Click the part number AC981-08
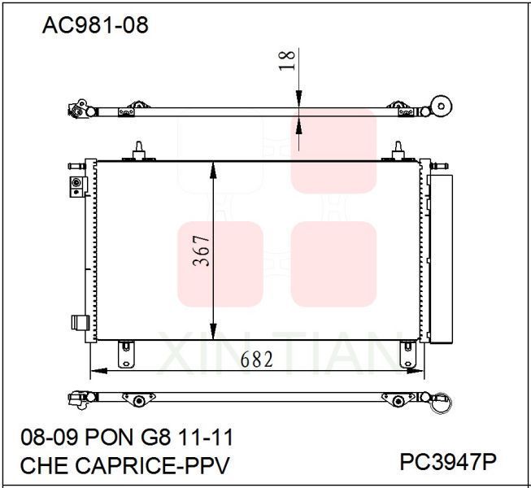tap(95, 25)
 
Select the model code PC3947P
tap(448, 462)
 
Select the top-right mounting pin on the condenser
tap(398, 150)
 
